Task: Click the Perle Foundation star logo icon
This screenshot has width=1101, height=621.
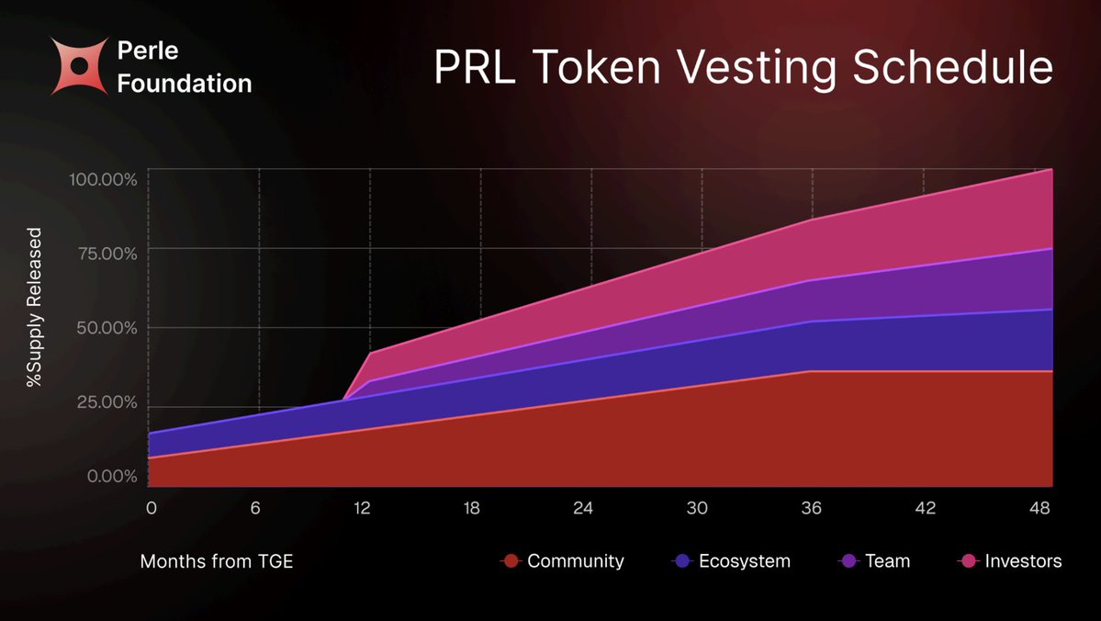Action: coord(80,66)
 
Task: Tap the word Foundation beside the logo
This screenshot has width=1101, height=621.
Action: coord(185,84)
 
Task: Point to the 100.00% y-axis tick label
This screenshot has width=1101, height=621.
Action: coord(103,178)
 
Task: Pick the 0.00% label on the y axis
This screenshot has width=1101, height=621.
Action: coord(111,477)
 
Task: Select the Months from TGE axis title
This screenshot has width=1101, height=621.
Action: coord(217,560)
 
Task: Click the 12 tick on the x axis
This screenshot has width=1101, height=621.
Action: coord(364,507)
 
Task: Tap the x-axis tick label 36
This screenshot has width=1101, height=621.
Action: coord(811,507)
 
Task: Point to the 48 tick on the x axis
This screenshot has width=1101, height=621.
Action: coord(1041,507)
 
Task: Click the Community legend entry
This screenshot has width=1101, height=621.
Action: coord(564,560)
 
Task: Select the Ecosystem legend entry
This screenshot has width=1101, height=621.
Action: coord(732,560)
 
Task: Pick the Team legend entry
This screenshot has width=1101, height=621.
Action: coord(876,560)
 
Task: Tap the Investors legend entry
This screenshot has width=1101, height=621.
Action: coord(1010,560)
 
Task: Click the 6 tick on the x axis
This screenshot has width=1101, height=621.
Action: coord(255,507)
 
